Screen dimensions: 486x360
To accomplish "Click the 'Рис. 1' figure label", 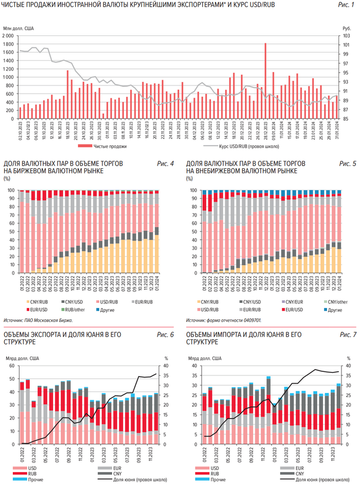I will click(345, 5).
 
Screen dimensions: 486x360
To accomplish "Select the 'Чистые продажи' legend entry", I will click(110, 146).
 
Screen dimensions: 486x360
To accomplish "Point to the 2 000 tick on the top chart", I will click(8, 36).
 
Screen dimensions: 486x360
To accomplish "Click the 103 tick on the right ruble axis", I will click(346, 36).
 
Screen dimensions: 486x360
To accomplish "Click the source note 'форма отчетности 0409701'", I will click(230, 320).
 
